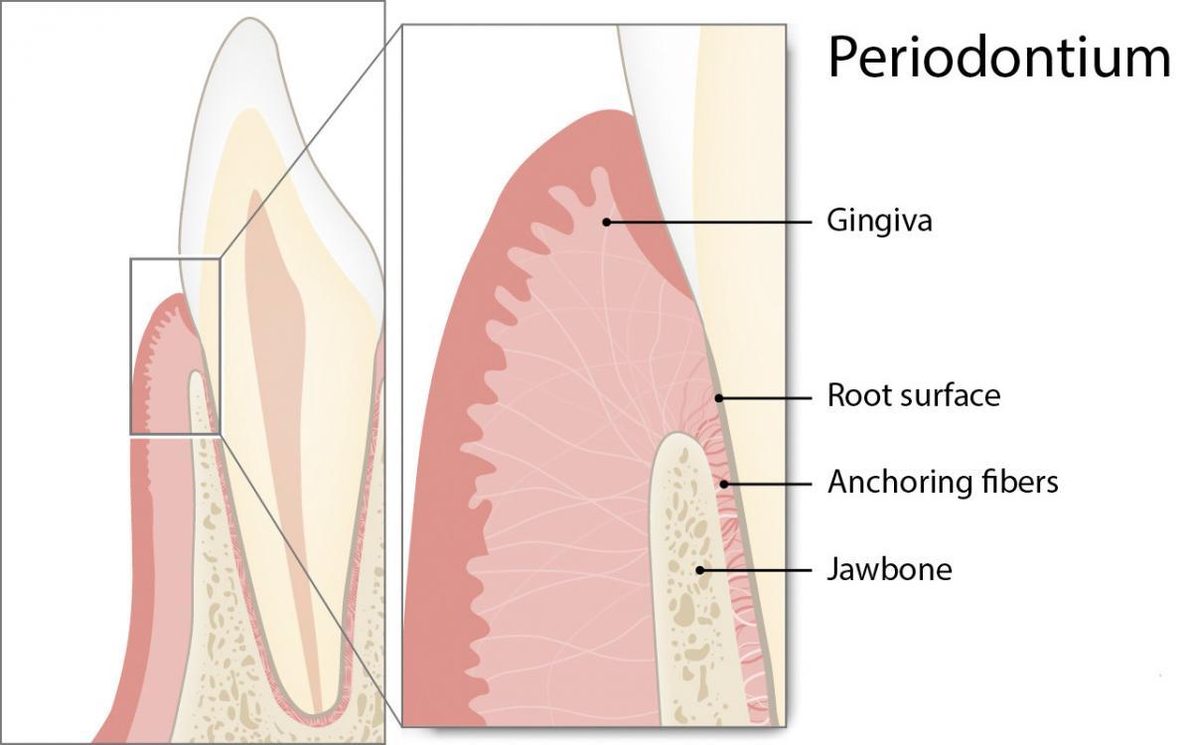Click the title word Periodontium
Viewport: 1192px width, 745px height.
[998, 58]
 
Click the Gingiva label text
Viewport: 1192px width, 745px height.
[879, 221]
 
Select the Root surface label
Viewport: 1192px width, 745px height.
[913, 396]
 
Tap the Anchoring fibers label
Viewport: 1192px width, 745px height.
[943, 483]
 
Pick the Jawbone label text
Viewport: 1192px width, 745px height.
[889, 570]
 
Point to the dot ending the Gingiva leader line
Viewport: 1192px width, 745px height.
[606, 222]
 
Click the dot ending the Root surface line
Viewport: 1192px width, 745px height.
[717, 397]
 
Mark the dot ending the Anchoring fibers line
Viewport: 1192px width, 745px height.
[724, 484]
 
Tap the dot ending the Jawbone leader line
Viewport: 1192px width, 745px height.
[701, 570]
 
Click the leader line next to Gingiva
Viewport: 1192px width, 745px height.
[710, 222]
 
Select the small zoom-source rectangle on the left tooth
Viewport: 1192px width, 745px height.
[174, 346]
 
